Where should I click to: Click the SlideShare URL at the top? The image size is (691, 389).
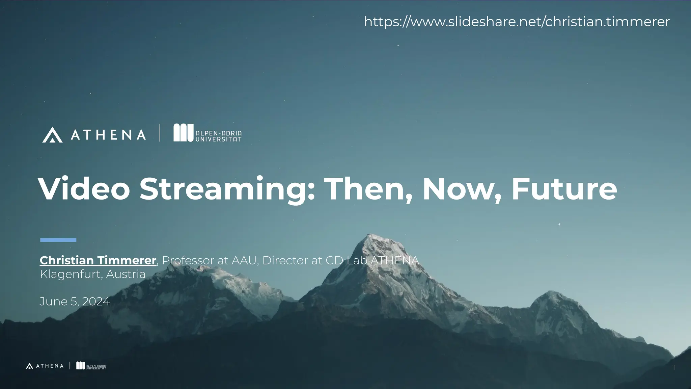(x=517, y=22)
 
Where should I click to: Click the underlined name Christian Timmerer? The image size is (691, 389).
(x=98, y=260)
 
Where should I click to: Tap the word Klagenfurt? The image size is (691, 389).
(x=70, y=274)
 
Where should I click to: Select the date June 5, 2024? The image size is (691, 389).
(x=75, y=301)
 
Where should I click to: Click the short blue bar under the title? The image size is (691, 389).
(x=58, y=240)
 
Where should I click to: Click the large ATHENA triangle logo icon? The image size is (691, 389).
(x=52, y=135)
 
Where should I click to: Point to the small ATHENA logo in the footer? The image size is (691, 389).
(x=45, y=366)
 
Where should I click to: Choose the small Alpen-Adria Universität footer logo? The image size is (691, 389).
(x=91, y=366)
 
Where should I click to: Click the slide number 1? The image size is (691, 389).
(x=673, y=368)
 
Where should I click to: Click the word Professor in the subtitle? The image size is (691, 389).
(x=188, y=260)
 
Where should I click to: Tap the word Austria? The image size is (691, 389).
(x=126, y=274)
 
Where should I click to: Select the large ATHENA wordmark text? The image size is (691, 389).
(x=108, y=135)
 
